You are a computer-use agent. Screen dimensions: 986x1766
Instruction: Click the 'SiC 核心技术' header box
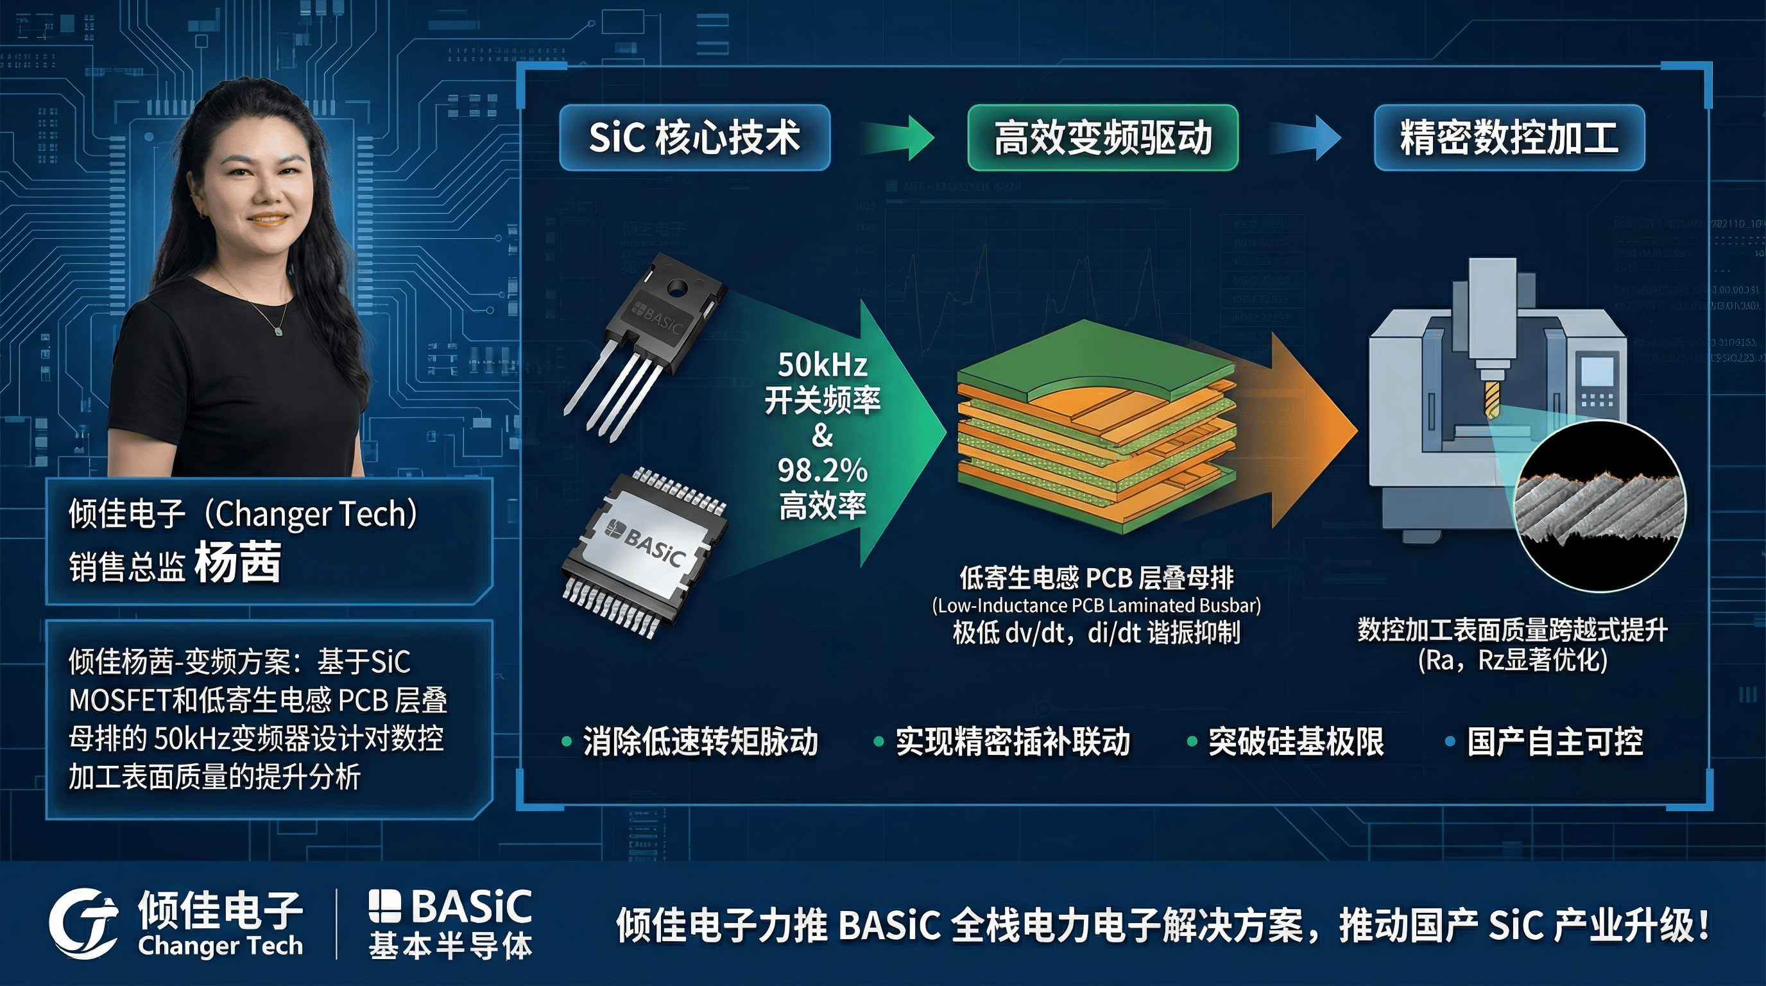tap(694, 137)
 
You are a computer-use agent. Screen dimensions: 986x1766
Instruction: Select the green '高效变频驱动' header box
tap(1102, 137)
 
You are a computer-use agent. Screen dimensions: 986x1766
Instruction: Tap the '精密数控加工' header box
tap(1509, 137)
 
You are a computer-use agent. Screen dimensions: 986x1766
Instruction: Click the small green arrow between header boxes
tap(898, 137)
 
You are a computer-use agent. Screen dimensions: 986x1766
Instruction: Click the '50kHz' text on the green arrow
tap(822, 365)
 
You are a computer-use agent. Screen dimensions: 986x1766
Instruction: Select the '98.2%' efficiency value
tap(822, 471)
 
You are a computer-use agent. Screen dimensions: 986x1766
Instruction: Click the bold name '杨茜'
tap(238, 562)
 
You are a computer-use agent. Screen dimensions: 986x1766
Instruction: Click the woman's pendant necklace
tap(279, 331)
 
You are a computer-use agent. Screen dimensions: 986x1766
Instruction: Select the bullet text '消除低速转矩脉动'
tap(700, 742)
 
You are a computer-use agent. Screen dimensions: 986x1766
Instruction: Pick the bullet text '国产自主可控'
tap(1554, 742)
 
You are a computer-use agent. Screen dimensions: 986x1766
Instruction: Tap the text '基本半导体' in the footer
tap(450, 947)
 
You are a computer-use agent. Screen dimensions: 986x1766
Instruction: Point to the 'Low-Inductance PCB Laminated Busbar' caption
tap(1095, 605)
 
